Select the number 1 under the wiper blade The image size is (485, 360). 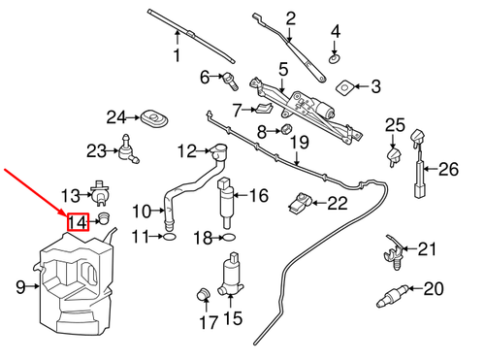(177, 56)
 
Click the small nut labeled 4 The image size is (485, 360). (336, 57)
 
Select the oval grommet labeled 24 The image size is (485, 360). (152, 118)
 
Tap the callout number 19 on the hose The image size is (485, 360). (299, 144)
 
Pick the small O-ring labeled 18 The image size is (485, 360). (228, 236)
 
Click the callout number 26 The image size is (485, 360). (447, 170)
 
